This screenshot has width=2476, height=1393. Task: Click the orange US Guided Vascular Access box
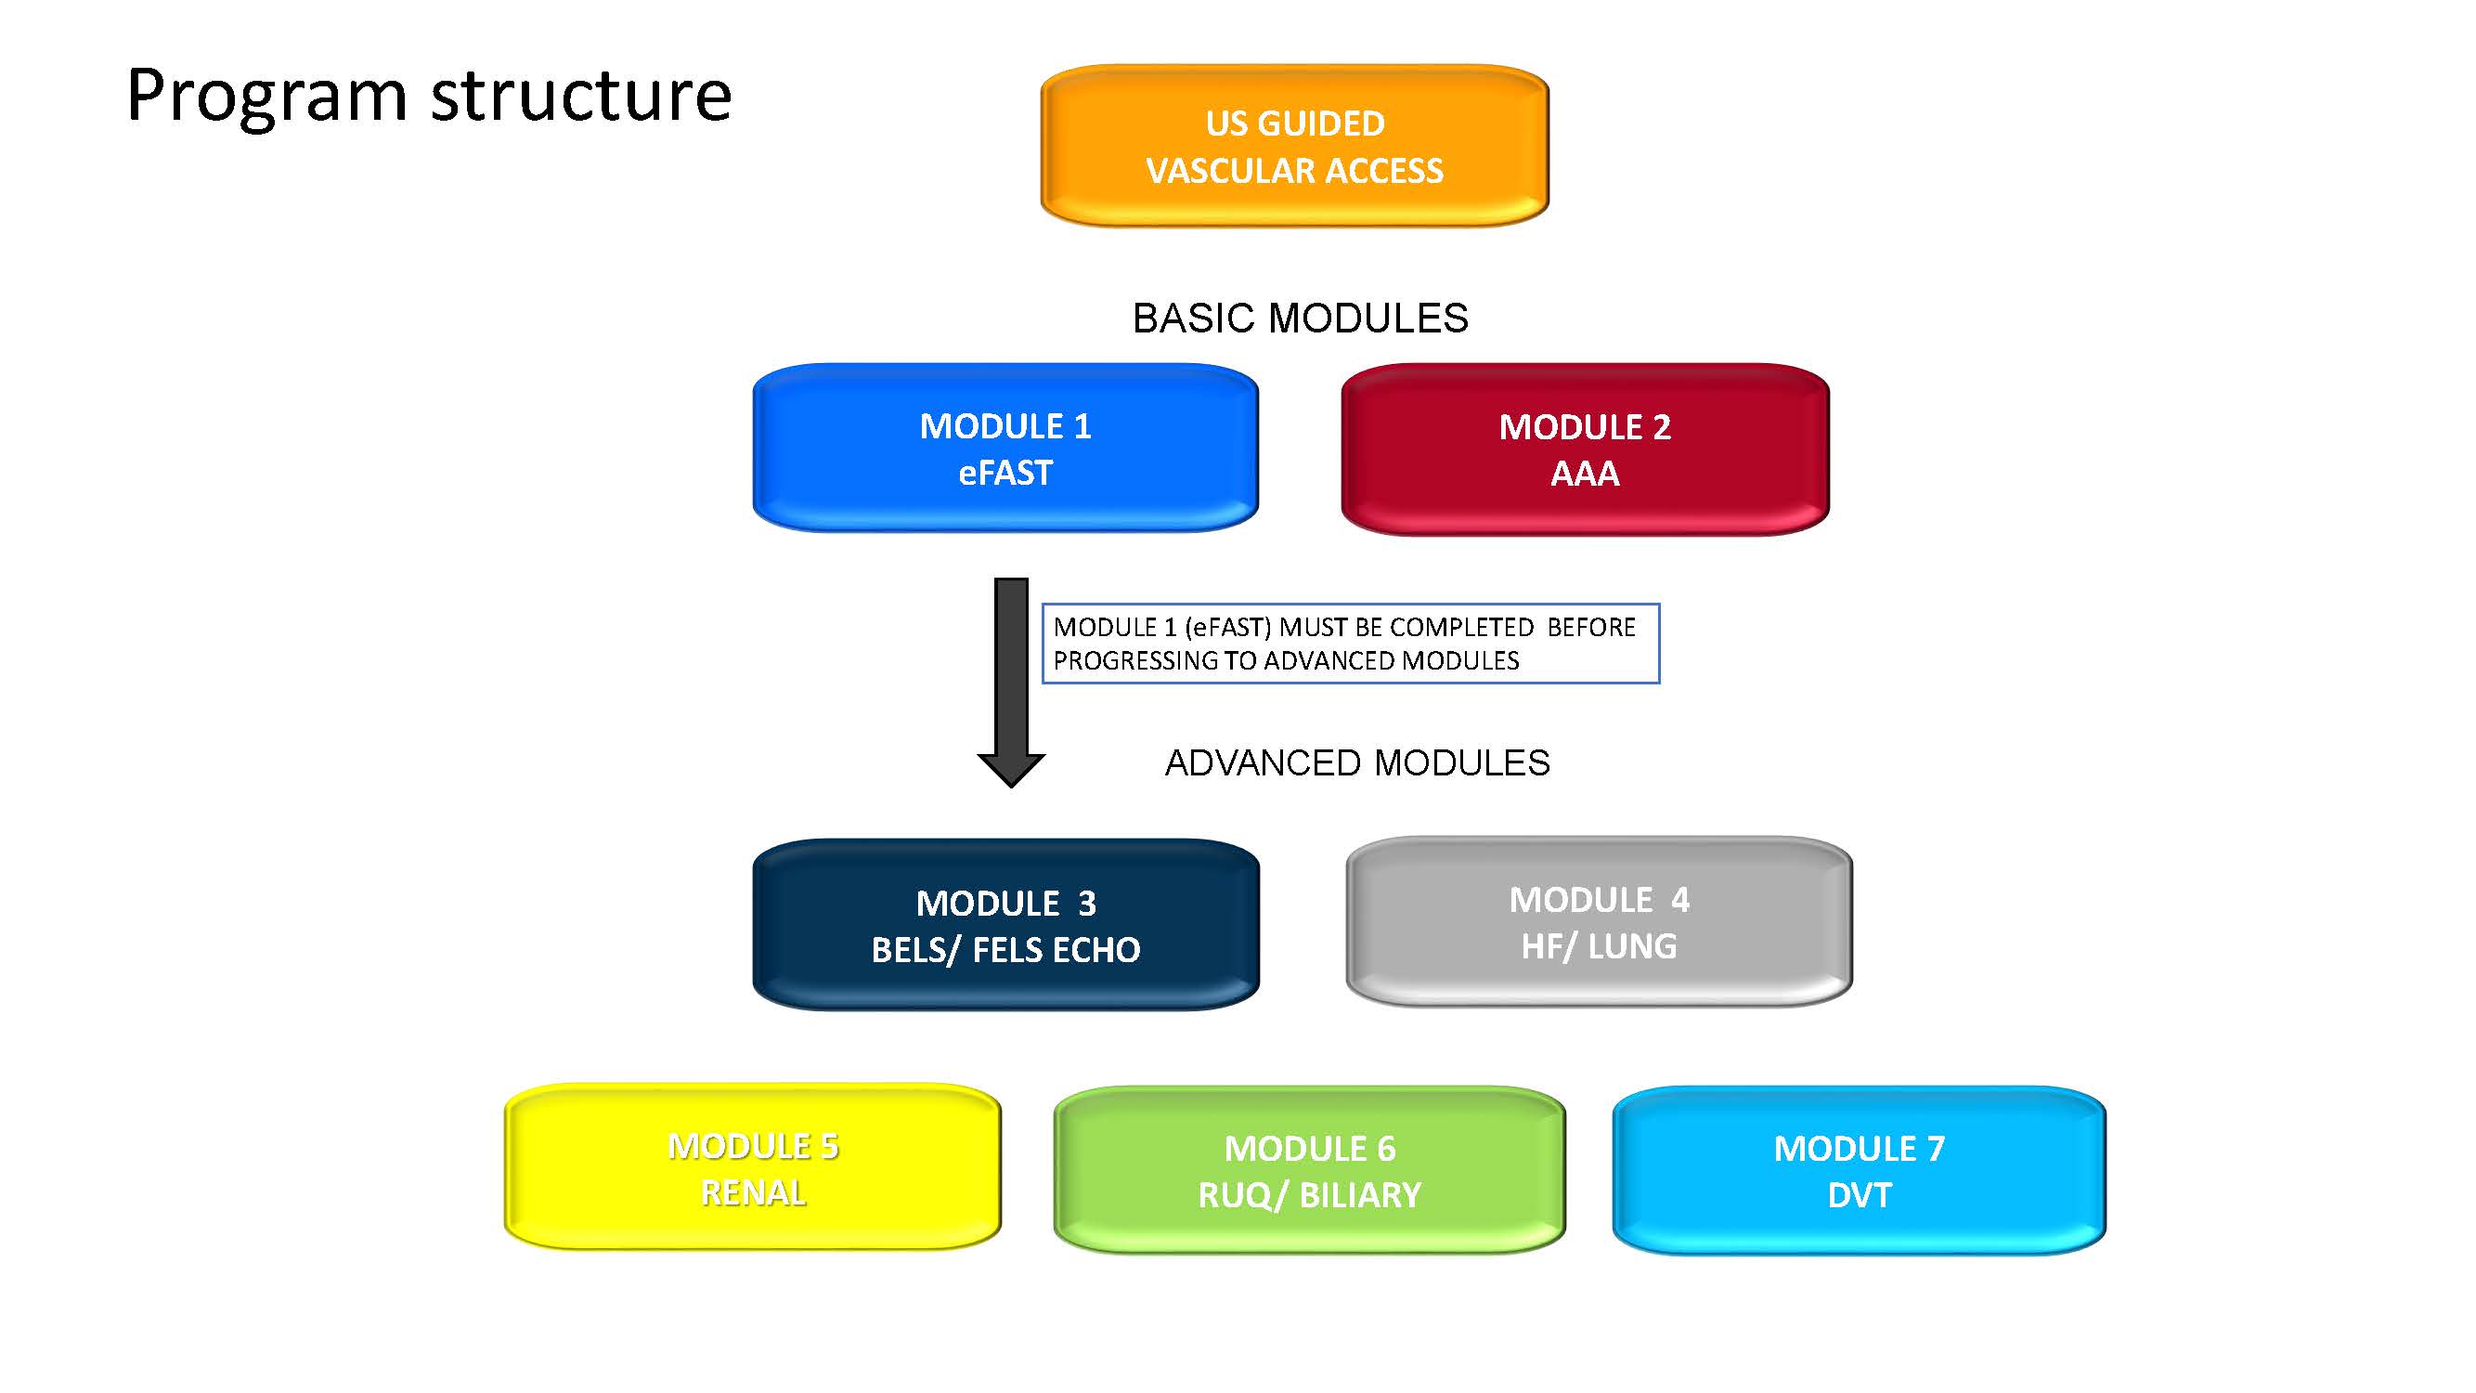coord(1294,146)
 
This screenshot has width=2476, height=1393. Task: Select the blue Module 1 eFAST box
coord(1005,448)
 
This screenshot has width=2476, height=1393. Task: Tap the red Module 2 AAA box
coord(1585,449)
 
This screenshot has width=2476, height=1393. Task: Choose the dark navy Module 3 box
coord(1005,925)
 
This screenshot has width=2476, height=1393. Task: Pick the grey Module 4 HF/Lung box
coord(1600,922)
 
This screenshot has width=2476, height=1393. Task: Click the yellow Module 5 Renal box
coord(753,1167)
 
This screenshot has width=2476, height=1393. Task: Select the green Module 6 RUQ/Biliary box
coord(1309,1170)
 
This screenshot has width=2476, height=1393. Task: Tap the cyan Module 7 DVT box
coord(1859,1170)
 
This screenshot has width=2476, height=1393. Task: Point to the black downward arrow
coord(1011,683)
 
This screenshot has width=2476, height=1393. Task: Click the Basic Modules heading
coord(1301,319)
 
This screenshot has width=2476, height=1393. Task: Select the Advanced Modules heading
coord(1357,762)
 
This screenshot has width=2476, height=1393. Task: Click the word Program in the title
coord(267,98)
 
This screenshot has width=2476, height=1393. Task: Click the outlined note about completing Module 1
coord(1351,644)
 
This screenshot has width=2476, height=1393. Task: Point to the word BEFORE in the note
coord(1590,627)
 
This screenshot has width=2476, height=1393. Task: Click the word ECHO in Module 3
coord(1095,950)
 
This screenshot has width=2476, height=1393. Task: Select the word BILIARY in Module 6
coord(1360,1195)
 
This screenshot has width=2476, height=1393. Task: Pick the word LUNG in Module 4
coord(1632,946)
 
